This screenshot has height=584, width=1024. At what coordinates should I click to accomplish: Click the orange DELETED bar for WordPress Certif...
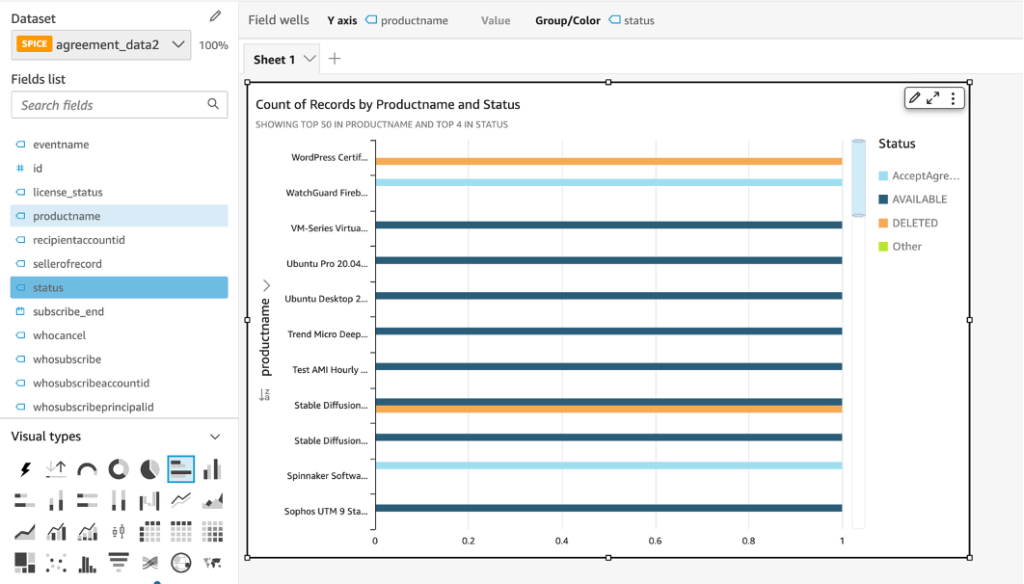(608, 161)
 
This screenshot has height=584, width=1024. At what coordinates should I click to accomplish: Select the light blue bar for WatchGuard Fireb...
(608, 182)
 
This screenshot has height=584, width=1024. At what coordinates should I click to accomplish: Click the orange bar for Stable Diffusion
(608, 409)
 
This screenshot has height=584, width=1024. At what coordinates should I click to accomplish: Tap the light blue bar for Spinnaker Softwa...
(608, 465)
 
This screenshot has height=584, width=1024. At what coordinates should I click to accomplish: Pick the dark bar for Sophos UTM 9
(608, 508)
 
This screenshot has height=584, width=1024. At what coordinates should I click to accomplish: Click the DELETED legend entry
(914, 223)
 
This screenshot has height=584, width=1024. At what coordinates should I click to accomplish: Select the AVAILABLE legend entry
(919, 199)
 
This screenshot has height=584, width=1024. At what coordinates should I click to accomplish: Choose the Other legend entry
(906, 246)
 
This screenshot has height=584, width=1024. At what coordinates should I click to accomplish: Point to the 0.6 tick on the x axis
(655, 541)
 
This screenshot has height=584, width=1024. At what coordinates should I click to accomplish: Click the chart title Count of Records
(388, 104)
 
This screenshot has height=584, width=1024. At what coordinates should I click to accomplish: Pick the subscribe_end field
(68, 311)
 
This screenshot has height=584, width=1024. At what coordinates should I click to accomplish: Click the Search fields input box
(110, 105)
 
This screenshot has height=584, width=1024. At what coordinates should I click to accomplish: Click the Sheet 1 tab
(274, 59)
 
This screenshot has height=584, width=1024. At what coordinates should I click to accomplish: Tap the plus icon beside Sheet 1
(335, 59)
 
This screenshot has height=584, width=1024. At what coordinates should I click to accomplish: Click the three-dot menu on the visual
(953, 98)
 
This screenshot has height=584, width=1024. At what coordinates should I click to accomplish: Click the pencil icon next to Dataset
(215, 17)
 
